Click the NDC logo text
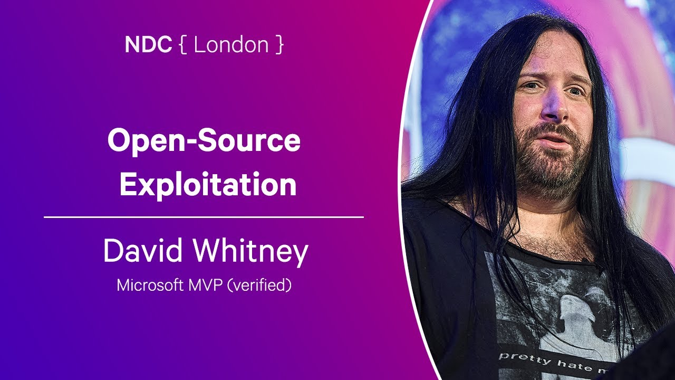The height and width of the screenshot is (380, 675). point(148,45)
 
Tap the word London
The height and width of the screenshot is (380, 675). point(231,45)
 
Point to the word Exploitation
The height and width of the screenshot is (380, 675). point(208,185)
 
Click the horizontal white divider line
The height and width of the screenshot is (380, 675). point(204,217)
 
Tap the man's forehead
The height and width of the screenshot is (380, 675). point(551,58)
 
